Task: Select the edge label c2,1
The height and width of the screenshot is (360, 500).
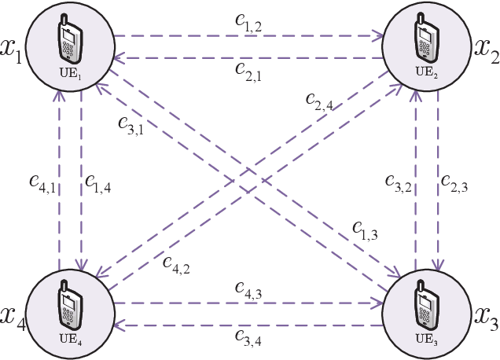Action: [251, 70]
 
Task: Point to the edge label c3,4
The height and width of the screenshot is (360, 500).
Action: [251, 339]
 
